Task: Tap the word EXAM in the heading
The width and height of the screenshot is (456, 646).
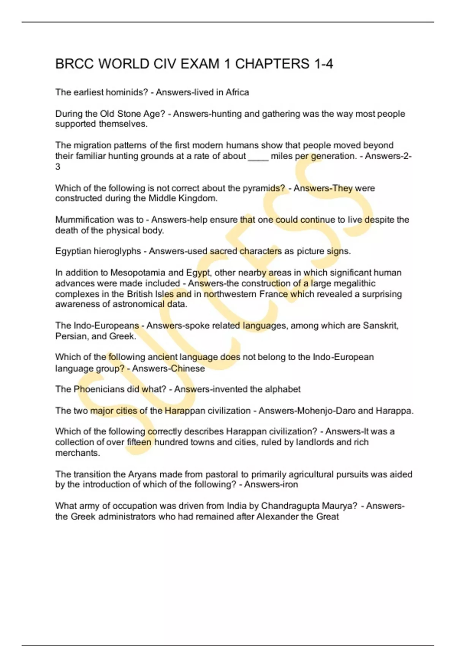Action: pos(200,64)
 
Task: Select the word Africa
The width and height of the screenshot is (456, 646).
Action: pos(237,92)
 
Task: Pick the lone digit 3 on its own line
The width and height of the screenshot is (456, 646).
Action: pos(58,166)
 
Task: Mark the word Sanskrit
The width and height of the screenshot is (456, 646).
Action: pos(380,326)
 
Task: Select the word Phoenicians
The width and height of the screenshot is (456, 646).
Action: pos(99,389)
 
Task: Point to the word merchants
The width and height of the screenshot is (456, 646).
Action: pos(77,453)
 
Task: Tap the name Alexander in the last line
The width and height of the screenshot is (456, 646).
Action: pos(277,516)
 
